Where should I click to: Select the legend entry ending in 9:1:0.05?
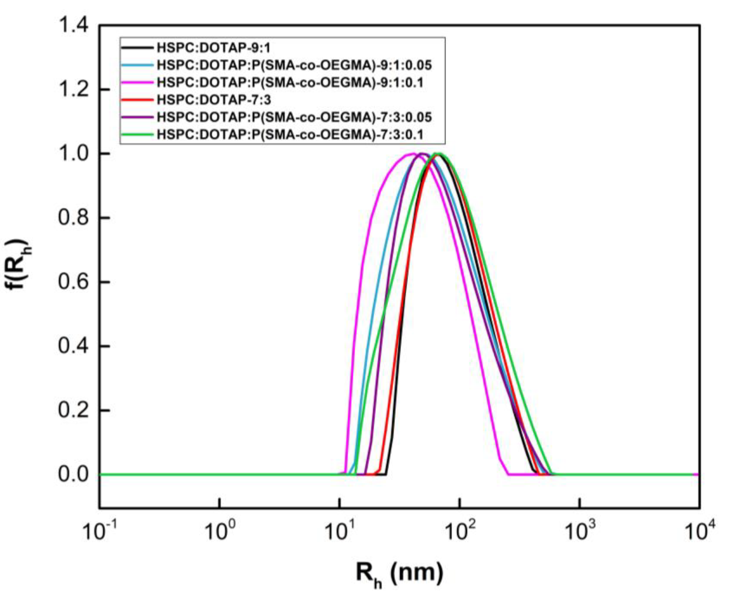pyautogui.click(x=294, y=65)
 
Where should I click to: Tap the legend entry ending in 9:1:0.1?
pyautogui.click(x=290, y=82)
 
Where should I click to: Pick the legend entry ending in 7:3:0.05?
pyautogui.click(x=294, y=117)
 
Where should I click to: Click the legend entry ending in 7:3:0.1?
pyautogui.click(x=290, y=135)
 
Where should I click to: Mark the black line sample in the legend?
pyautogui.click(x=137, y=48)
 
